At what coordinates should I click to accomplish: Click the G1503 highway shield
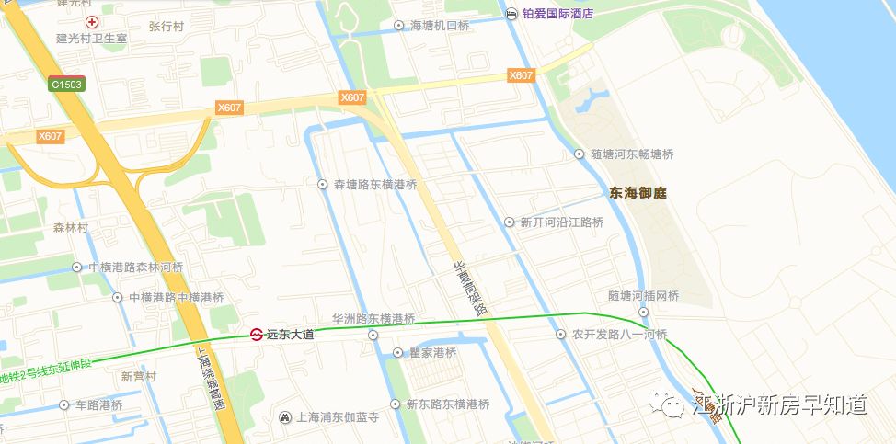click(x=67, y=85)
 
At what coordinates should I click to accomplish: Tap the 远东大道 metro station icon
click(x=258, y=335)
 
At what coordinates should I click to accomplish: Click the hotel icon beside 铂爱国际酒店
click(x=511, y=13)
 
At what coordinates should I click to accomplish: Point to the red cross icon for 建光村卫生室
click(x=91, y=21)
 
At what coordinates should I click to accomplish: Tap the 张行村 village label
click(x=167, y=26)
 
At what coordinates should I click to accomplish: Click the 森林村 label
click(x=70, y=227)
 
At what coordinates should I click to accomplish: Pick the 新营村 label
click(x=139, y=377)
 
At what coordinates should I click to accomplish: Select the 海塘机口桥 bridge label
click(x=440, y=26)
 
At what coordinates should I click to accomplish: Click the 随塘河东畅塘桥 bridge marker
click(x=580, y=154)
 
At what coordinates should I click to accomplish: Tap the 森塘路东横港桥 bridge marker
click(x=323, y=185)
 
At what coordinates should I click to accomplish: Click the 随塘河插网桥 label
click(x=643, y=296)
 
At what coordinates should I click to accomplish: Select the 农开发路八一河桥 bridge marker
click(x=562, y=335)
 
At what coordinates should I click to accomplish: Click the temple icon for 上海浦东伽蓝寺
click(x=285, y=417)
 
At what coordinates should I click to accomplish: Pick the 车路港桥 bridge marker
click(x=63, y=405)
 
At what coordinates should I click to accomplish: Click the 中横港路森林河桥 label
click(x=136, y=268)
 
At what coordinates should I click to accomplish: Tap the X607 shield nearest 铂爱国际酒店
click(x=522, y=75)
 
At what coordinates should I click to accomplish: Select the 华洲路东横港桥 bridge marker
click(x=373, y=336)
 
